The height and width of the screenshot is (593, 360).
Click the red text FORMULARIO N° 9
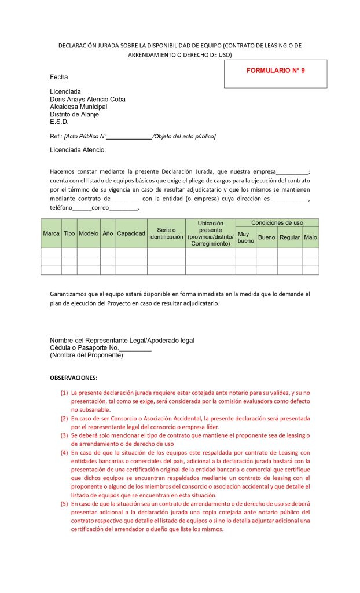click(x=275, y=71)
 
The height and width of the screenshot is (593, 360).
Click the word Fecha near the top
click(x=60, y=77)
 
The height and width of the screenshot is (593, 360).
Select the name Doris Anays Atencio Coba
click(x=87, y=99)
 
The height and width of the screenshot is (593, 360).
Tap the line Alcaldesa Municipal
click(x=78, y=107)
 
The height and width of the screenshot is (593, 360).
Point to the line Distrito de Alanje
click(x=74, y=114)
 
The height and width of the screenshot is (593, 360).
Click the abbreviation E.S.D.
click(x=59, y=122)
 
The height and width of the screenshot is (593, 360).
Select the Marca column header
click(x=51, y=233)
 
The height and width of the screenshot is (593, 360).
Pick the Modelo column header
click(x=89, y=233)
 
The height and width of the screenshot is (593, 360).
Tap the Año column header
click(x=108, y=233)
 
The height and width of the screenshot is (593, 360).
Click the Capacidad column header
click(x=131, y=233)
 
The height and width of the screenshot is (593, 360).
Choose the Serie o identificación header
click(x=166, y=233)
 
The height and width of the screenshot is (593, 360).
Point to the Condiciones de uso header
click(x=277, y=223)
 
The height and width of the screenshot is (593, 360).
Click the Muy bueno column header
click(x=246, y=237)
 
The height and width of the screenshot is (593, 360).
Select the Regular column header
click(x=289, y=237)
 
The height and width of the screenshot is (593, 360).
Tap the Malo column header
click(x=310, y=237)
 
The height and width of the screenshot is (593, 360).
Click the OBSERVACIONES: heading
click(x=74, y=378)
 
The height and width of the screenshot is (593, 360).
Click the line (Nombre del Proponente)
click(x=86, y=355)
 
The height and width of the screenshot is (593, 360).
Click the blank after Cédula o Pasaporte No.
click(x=135, y=348)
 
